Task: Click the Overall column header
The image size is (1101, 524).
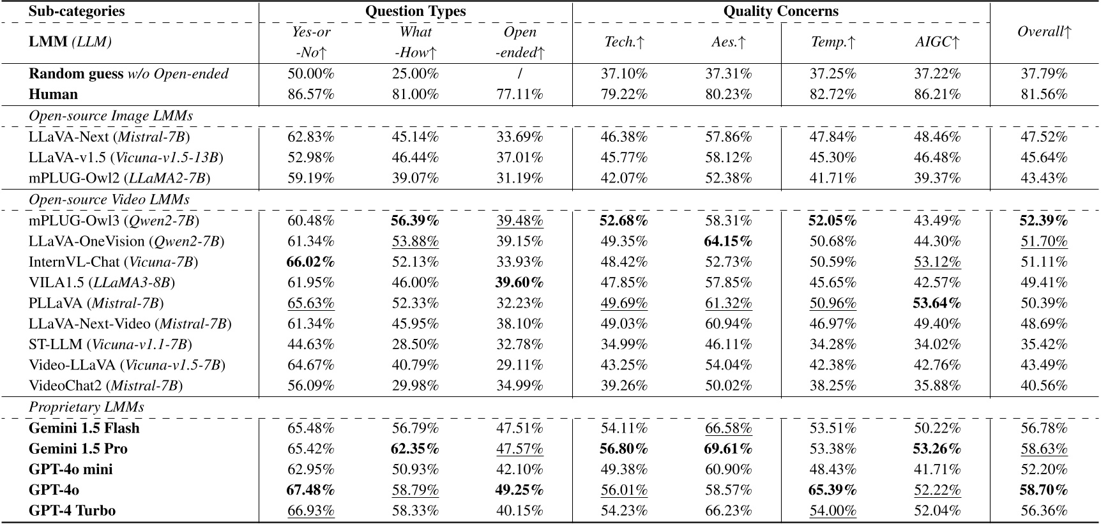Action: pyautogui.click(x=1044, y=32)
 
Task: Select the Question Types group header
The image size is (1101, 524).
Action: pyautogui.click(x=415, y=11)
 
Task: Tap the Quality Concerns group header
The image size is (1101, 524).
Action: pyautogui.click(x=780, y=11)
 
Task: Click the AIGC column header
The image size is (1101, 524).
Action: pyautogui.click(x=937, y=42)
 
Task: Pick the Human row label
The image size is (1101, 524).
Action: pyautogui.click(x=53, y=94)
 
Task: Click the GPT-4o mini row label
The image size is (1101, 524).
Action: pyautogui.click(x=70, y=469)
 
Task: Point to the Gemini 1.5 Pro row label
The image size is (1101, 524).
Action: pyautogui.click(x=78, y=449)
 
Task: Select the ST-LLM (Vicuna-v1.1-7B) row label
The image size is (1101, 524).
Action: pyautogui.click(x=110, y=345)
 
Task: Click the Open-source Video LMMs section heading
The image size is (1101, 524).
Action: pyautogui.click(x=109, y=200)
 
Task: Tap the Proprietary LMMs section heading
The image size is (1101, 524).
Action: pyautogui.click(x=86, y=407)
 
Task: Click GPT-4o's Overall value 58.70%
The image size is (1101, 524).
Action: pyautogui.click(x=1044, y=490)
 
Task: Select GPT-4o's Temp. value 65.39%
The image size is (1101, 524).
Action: pyautogui.click(x=833, y=490)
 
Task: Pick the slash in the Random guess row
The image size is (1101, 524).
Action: pyautogui.click(x=520, y=74)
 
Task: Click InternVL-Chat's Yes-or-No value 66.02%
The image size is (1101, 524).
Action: pyautogui.click(x=311, y=262)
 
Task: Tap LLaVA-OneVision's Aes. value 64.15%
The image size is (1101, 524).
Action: pyautogui.click(x=728, y=241)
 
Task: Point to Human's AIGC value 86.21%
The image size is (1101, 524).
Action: pyautogui.click(x=937, y=94)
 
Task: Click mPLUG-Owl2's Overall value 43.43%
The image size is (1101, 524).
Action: pyautogui.click(x=1044, y=178)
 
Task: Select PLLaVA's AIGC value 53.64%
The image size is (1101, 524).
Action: pyautogui.click(x=937, y=303)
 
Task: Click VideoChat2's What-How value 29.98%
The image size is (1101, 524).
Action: pyautogui.click(x=415, y=386)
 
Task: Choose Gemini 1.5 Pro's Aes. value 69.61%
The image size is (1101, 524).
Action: pyautogui.click(x=728, y=449)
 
